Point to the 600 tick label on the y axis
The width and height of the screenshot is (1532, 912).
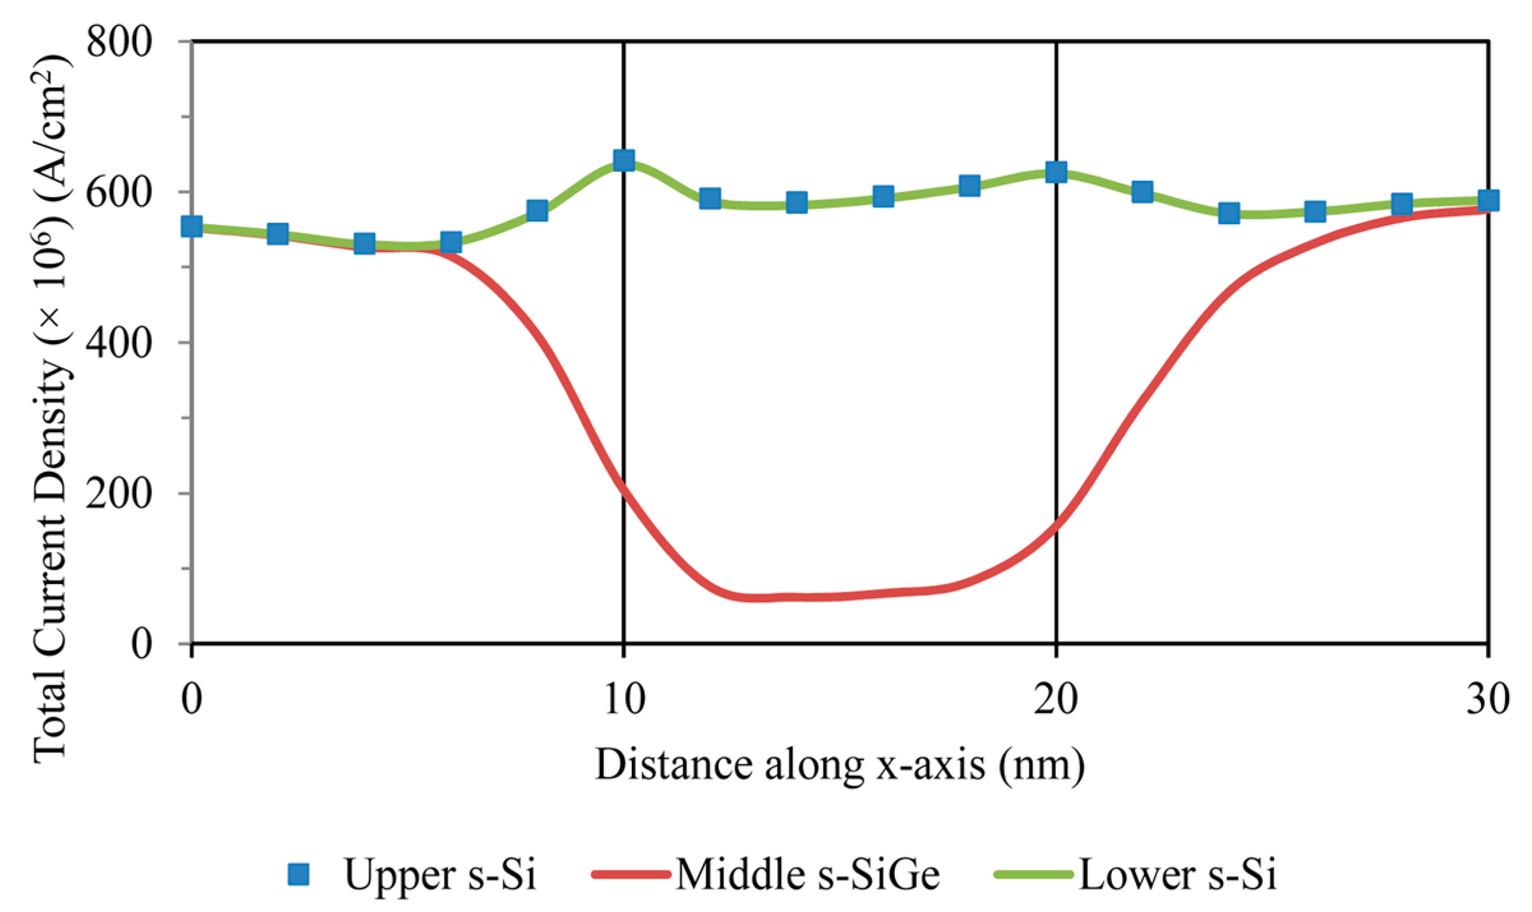pos(119,192)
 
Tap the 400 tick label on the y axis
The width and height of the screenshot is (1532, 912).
pos(119,343)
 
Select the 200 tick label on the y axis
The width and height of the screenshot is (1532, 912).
pos(119,493)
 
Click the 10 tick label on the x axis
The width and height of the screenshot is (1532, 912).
pos(624,699)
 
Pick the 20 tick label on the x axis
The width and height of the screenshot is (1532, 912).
pos(1056,699)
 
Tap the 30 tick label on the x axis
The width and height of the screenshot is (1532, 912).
pos(1488,699)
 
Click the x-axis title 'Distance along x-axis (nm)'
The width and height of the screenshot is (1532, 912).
pos(839,765)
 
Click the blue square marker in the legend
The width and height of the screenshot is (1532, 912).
pos(298,874)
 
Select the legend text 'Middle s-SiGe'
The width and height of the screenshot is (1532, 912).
pos(807,874)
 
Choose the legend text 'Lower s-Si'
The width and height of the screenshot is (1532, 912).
pos(1178,874)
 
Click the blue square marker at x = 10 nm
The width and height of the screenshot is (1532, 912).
pos(624,160)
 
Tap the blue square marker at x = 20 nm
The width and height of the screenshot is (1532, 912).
pos(1056,172)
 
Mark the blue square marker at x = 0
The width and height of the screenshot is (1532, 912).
pos(191,226)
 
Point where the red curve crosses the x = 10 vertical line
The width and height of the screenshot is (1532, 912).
pos(624,491)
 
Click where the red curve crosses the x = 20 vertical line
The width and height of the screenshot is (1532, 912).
pos(1056,525)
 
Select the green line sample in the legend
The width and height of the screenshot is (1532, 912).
pos(1033,874)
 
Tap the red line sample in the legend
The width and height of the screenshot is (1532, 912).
pos(631,874)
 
